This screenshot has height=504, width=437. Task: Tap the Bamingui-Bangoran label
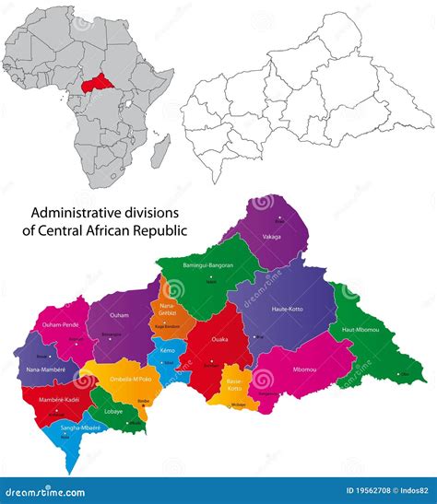pyautogui.click(x=207, y=266)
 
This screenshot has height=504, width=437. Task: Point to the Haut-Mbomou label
pyautogui.click(x=360, y=331)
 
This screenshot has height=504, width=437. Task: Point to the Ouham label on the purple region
pyautogui.click(x=119, y=316)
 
